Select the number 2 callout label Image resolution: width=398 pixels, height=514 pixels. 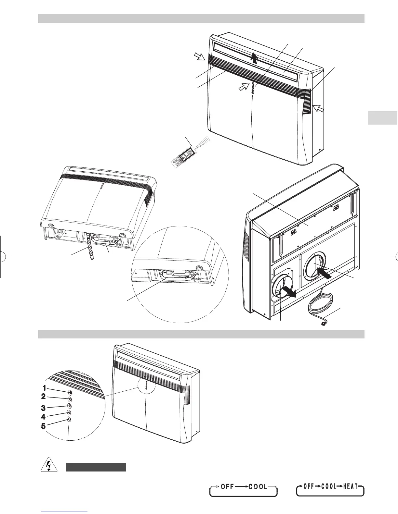(x=43, y=396)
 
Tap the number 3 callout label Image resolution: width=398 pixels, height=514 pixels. (x=43, y=408)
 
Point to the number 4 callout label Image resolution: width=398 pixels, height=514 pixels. (x=43, y=417)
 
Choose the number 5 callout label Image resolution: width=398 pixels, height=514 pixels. (x=43, y=426)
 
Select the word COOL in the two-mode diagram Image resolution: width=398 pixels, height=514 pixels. (x=258, y=487)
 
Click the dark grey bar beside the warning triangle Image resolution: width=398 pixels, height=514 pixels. (x=96, y=467)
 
